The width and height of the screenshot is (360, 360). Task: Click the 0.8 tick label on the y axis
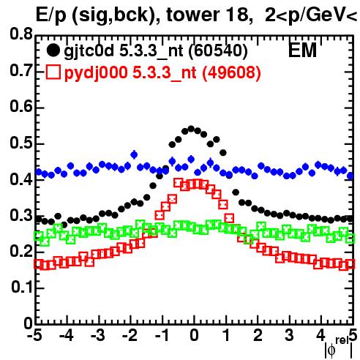pyautogui.click(x=21, y=34)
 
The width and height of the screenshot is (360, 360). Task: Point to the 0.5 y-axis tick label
pyautogui.click(x=21, y=143)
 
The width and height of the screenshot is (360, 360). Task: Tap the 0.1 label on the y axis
pyautogui.click(x=22, y=287)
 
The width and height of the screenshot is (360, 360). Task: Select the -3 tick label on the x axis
pyautogui.click(x=98, y=335)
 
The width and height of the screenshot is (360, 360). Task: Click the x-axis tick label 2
pyautogui.click(x=258, y=335)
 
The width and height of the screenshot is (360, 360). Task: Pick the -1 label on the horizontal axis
pyautogui.click(x=162, y=335)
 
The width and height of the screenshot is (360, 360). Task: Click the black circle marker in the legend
pyautogui.click(x=53, y=50)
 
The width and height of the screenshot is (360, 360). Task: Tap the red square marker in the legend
pyautogui.click(x=53, y=72)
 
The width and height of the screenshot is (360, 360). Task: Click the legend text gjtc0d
pyautogui.click(x=89, y=52)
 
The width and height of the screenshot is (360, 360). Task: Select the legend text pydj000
pyautogui.click(x=96, y=73)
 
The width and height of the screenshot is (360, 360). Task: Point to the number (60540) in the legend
pyautogui.click(x=218, y=51)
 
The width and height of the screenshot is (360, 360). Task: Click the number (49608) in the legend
pyautogui.click(x=231, y=72)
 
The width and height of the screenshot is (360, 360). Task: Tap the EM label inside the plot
pyautogui.click(x=302, y=50)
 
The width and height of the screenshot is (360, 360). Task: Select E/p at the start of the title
pyautogui.click(x=51, y=15)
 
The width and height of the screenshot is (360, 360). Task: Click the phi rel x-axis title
pyautogui.click(x=339, y=348)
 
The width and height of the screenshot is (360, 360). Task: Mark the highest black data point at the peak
pyautogui.click(x=191, y=129)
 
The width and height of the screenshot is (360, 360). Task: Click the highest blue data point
pyautogui.click(x=134, y=154)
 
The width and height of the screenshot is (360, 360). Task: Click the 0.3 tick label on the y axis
pyautogui.click(x=21, y=215)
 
